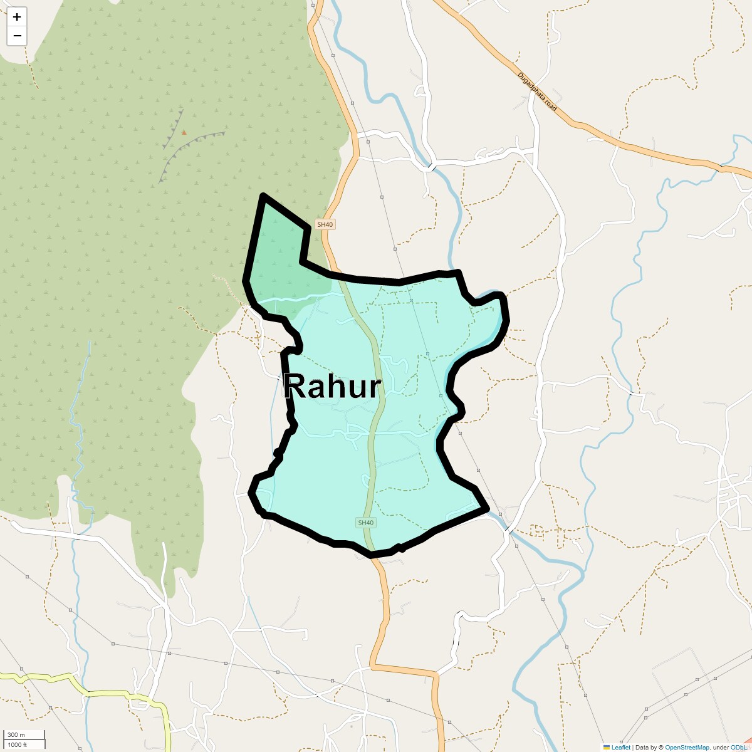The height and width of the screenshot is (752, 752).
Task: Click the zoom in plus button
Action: pos(17,17)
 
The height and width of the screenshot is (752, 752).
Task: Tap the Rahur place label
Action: pos(332,387)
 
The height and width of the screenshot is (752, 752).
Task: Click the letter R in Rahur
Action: pos(295,387)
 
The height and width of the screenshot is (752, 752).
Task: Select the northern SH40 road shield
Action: pos(325,224)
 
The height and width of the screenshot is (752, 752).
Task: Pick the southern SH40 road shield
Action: pos(365,523)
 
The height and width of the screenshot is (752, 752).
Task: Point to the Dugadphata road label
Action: pos(537,91)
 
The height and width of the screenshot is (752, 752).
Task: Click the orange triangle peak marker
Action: pos(184,132)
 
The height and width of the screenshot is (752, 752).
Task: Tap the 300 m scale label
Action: pos(16,735)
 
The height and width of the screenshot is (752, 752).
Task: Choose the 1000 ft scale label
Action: pos(18,744)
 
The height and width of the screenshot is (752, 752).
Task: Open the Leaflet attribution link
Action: pos(621,747)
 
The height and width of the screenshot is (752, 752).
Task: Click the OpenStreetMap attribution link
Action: pos(687,747)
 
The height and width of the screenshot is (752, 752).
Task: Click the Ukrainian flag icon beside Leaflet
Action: pos(607,747)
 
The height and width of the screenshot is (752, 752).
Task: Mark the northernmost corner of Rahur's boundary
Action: pos(263,196)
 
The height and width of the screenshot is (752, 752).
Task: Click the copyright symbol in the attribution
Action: pos(661,747)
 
